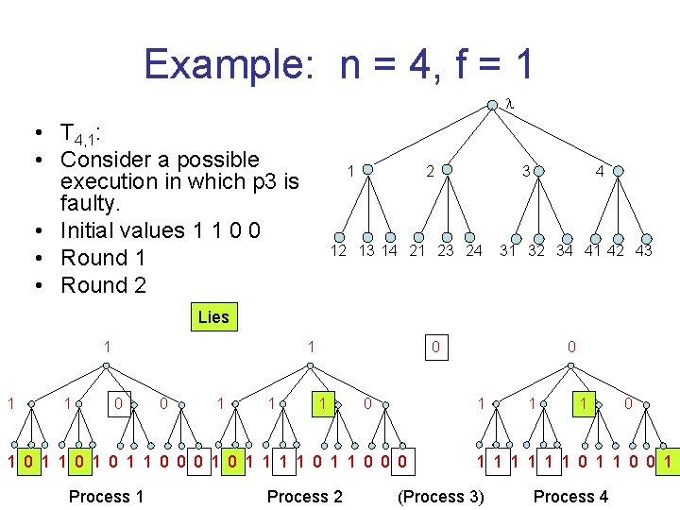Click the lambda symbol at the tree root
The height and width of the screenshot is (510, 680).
[508, 102]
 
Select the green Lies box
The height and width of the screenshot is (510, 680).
[213, 317]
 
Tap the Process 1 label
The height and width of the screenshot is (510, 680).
[106, 497]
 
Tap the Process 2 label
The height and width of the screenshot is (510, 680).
[305, 497]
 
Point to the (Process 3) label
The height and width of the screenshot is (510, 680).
[440, 497]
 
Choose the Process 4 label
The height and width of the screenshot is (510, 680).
[570, 497]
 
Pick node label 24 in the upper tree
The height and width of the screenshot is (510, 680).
[474, 251]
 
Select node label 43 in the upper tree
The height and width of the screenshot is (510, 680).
[643, 251]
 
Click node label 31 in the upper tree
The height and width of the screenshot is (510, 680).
[509, 251]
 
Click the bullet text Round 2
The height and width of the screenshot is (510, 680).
[104, 285]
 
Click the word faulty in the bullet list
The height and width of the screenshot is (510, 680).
[86, 204]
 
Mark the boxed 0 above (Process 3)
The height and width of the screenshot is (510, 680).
[434, 348]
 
